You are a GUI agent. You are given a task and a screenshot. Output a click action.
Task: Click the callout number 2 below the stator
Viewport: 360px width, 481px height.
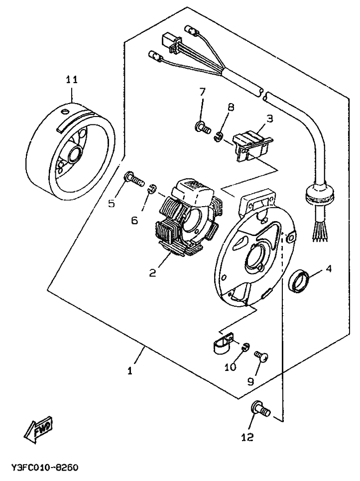coord(153,272)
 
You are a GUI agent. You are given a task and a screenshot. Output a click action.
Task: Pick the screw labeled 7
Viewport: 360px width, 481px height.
coord(202,126)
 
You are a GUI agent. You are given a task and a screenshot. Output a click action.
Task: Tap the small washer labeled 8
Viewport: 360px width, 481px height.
coord(218,136)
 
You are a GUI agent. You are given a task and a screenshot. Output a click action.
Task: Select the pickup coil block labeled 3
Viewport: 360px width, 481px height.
coord(252,144)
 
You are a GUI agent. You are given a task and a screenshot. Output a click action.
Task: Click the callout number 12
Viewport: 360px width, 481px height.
coord(247,437)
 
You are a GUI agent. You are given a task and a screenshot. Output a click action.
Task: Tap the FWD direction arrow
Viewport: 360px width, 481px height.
coord(39,429)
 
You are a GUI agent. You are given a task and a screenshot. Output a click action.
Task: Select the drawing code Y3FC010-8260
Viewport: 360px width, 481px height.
coord(45,468)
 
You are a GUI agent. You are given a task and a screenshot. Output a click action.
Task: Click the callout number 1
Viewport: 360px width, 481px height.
coord(130,370)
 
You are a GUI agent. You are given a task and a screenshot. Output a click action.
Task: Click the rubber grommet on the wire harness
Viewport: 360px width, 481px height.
coord(319,195)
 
